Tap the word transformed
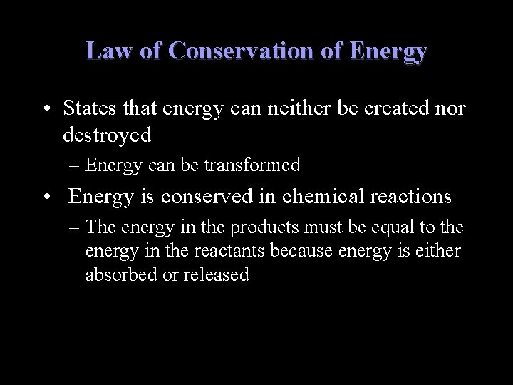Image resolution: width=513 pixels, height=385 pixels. click(253, 166)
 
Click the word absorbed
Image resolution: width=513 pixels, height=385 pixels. click(116, 274)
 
